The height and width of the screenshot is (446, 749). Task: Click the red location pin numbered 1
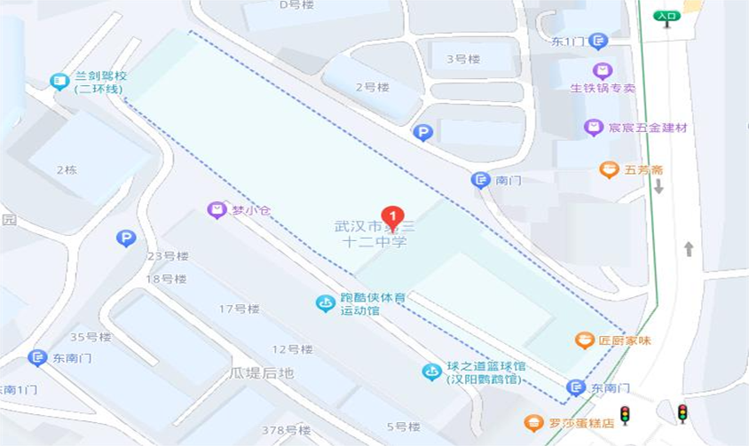[x=392, y=215]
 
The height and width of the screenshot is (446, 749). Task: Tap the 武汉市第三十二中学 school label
[x=374, y=234]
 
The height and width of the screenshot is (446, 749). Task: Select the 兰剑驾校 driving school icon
[x=59, y=82]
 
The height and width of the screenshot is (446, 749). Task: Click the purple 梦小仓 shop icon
[x=217, y=210]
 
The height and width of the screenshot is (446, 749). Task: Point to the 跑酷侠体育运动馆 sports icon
[x=326, y=303]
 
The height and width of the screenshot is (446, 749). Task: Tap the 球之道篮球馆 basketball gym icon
[x=431, y=372]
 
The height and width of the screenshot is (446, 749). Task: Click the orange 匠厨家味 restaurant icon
[x=584, y=340]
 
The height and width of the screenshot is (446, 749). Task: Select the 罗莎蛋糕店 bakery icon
[x=532, y=423]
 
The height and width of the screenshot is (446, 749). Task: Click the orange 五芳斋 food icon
[x=608, y=169]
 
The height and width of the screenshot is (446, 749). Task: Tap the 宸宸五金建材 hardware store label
[x=647, y=128]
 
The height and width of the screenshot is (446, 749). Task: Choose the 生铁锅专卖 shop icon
[x=603, y=70]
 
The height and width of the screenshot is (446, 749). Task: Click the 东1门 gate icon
[x=598, y=41]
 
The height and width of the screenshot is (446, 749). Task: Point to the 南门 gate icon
[x=480, y=180]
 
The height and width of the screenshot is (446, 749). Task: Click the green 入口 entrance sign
[x=666, y=15]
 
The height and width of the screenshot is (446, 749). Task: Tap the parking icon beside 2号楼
[x=423, y=133]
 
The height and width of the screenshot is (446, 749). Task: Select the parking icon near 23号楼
[x=126, y=238]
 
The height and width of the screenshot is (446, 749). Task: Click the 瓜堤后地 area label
[x=261, y=373]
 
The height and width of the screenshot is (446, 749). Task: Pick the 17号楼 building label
[x=239, y=309]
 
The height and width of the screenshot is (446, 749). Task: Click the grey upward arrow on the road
[x=689, y=249]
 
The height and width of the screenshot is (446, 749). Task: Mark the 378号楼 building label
[x=287, y=430]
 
